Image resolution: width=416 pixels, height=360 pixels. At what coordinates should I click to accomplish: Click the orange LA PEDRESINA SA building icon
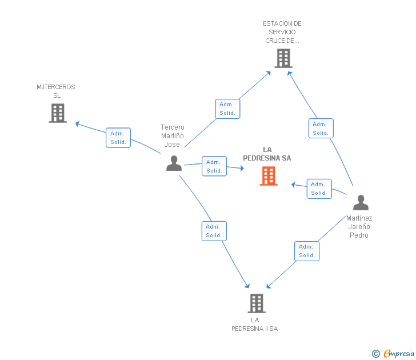(269, 176)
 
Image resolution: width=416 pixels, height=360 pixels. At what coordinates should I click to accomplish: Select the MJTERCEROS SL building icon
(58, 113)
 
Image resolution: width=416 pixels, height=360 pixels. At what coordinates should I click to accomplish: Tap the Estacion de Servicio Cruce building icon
(283, 58)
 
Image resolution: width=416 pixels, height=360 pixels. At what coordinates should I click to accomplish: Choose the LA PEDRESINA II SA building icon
(257, 303)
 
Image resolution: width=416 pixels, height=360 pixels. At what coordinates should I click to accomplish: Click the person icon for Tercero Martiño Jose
(174, 163)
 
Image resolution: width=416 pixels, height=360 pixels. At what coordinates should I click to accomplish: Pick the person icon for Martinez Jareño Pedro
(361, 203)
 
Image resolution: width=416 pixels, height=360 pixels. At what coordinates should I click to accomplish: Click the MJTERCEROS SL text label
(56, 91)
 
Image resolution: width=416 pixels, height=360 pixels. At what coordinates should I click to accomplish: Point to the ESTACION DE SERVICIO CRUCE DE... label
(282, 32)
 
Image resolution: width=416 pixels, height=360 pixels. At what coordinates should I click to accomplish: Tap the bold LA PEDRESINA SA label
(267, 154)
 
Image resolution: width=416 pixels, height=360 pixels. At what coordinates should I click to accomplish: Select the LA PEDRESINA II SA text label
(255, 324)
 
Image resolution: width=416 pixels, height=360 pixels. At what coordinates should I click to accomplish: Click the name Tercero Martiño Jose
(172, 136)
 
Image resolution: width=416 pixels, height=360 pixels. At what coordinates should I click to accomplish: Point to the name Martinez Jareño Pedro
(359, 226)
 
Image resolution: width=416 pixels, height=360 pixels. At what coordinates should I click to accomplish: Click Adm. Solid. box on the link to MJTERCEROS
(118, 138)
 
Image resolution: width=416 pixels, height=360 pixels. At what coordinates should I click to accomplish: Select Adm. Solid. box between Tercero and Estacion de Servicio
(227, 109)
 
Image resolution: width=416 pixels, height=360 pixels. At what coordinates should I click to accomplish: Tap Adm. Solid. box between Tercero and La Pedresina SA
(214, 166)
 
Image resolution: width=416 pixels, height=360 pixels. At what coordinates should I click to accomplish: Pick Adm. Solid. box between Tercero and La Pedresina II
(214, 231)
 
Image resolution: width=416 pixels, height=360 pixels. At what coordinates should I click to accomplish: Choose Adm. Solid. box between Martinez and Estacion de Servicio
(321, 129)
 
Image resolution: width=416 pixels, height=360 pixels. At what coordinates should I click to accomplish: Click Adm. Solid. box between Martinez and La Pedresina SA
(319, 189)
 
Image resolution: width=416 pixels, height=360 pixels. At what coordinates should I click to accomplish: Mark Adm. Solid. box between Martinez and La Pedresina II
(307, 251)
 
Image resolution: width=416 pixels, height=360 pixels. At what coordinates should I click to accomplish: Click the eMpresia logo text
(398, 353)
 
